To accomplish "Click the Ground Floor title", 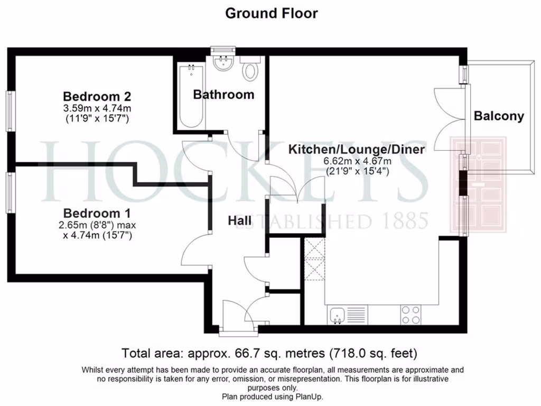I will pyautogui.click(x=271, y=13).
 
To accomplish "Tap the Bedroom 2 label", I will pyautogui.click(x=97, y=97).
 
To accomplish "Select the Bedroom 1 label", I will pyautogui.click(x=97, y=214).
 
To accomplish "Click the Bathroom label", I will pyautogui.click(x=223, y=95).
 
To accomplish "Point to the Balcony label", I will pyautogui.click(x=499, y=116).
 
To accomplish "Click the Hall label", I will pyautogui.click(x=239, y=221).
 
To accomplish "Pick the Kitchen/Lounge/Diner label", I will pyautogui.click(x=356, y=150).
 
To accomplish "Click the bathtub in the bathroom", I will pyautogui.click(x=191, y=96).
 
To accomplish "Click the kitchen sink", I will pyautogui.click(x=337, y=316).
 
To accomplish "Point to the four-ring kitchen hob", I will pyautogui.click(x=411, y=315).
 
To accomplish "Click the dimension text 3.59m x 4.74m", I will pyautogui.click(x=96, y=108).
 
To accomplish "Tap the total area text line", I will pyautogui.click(x=270, y=352).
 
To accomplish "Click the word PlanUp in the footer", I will pyautogui.click(x=309, y=396).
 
